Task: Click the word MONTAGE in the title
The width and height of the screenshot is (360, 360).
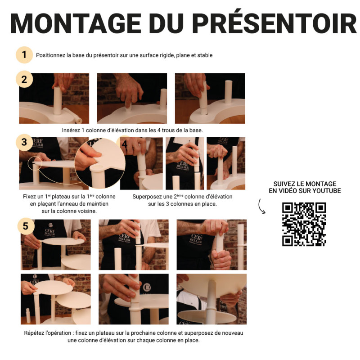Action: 76,24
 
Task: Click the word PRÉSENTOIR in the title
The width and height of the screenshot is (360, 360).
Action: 274,22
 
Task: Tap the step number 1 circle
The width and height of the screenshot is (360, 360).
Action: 24,55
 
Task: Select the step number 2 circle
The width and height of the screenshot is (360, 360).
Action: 24,80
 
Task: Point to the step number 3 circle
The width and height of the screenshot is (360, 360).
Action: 24,142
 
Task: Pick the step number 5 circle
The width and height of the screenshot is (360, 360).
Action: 26,226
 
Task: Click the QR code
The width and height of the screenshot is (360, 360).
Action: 304,224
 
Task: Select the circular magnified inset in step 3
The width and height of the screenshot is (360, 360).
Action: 99,163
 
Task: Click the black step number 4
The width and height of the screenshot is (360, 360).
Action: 125,144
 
